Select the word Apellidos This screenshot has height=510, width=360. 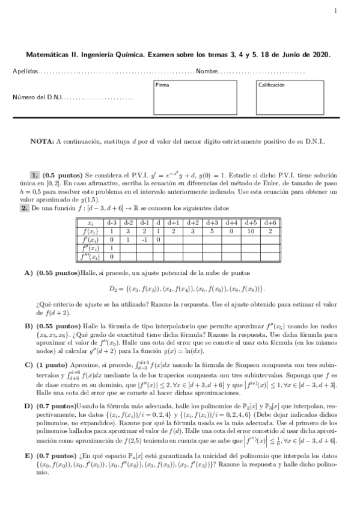click(x=25, y=72)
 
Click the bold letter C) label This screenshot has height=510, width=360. click(x=28, y=364)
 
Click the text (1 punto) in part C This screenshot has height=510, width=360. click(x=52, y=364)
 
